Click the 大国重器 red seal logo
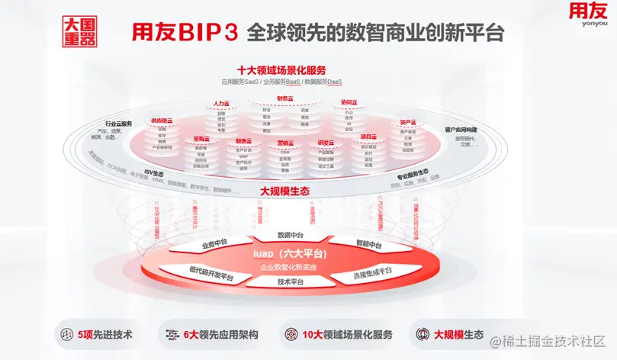78,32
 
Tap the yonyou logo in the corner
586,16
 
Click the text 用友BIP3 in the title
186,33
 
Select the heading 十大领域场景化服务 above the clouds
282,70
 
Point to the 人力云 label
221,102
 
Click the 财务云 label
286,98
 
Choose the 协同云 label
349,101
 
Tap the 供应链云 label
162,121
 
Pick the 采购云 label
201,139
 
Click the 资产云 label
407,122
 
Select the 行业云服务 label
119,124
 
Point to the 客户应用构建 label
461,130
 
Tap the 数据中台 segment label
291,235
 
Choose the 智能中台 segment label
369,245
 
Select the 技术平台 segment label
291,282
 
